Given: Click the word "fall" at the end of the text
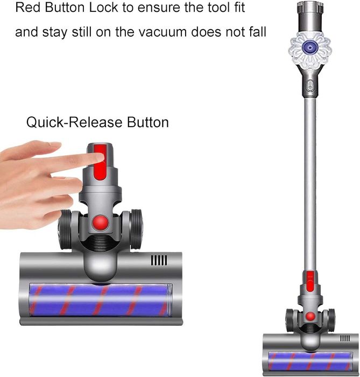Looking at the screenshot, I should tap(255, 32).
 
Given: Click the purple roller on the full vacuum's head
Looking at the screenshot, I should tap(310, 361).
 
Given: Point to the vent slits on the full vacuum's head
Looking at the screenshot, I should tap(345, 338).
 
